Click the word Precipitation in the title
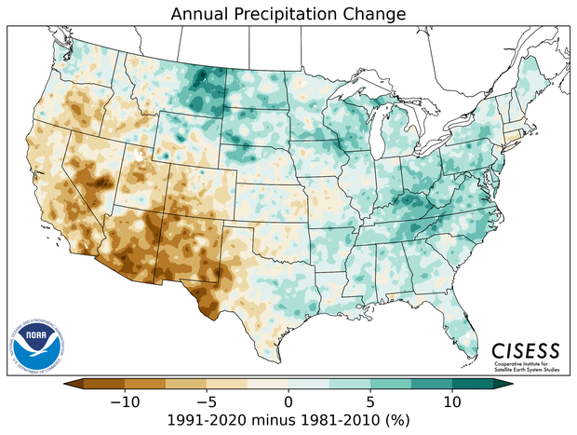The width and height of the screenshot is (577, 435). click(x=296, y=15)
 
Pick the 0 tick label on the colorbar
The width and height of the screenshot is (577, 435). click(x=288, y=401)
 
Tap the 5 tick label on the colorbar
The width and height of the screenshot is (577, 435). click(x=370, y=401)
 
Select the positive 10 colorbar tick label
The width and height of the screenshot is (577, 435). click(x=452, y=401)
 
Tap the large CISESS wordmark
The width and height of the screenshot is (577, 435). click(x=526, y=350)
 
